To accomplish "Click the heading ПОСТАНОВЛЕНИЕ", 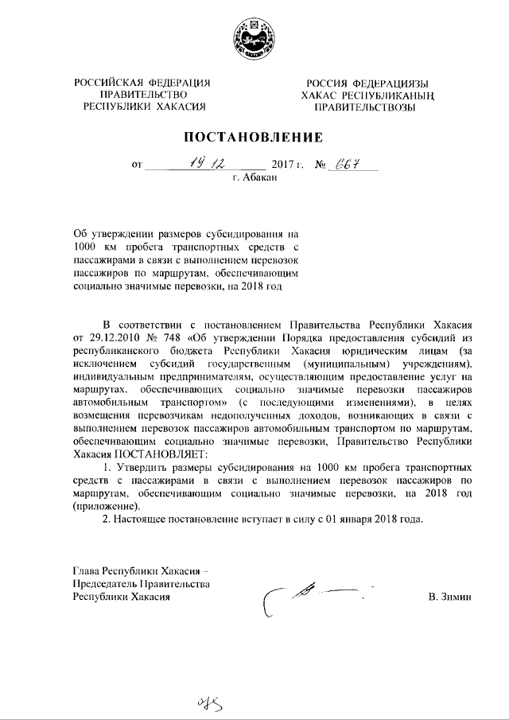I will point(254,136).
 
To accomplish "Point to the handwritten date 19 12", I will point(205,165).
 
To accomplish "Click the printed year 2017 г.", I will point(288,166).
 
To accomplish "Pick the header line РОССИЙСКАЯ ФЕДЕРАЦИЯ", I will point(142,84).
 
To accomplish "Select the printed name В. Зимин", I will point(450,597).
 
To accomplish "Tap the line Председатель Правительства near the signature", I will point(141,584).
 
